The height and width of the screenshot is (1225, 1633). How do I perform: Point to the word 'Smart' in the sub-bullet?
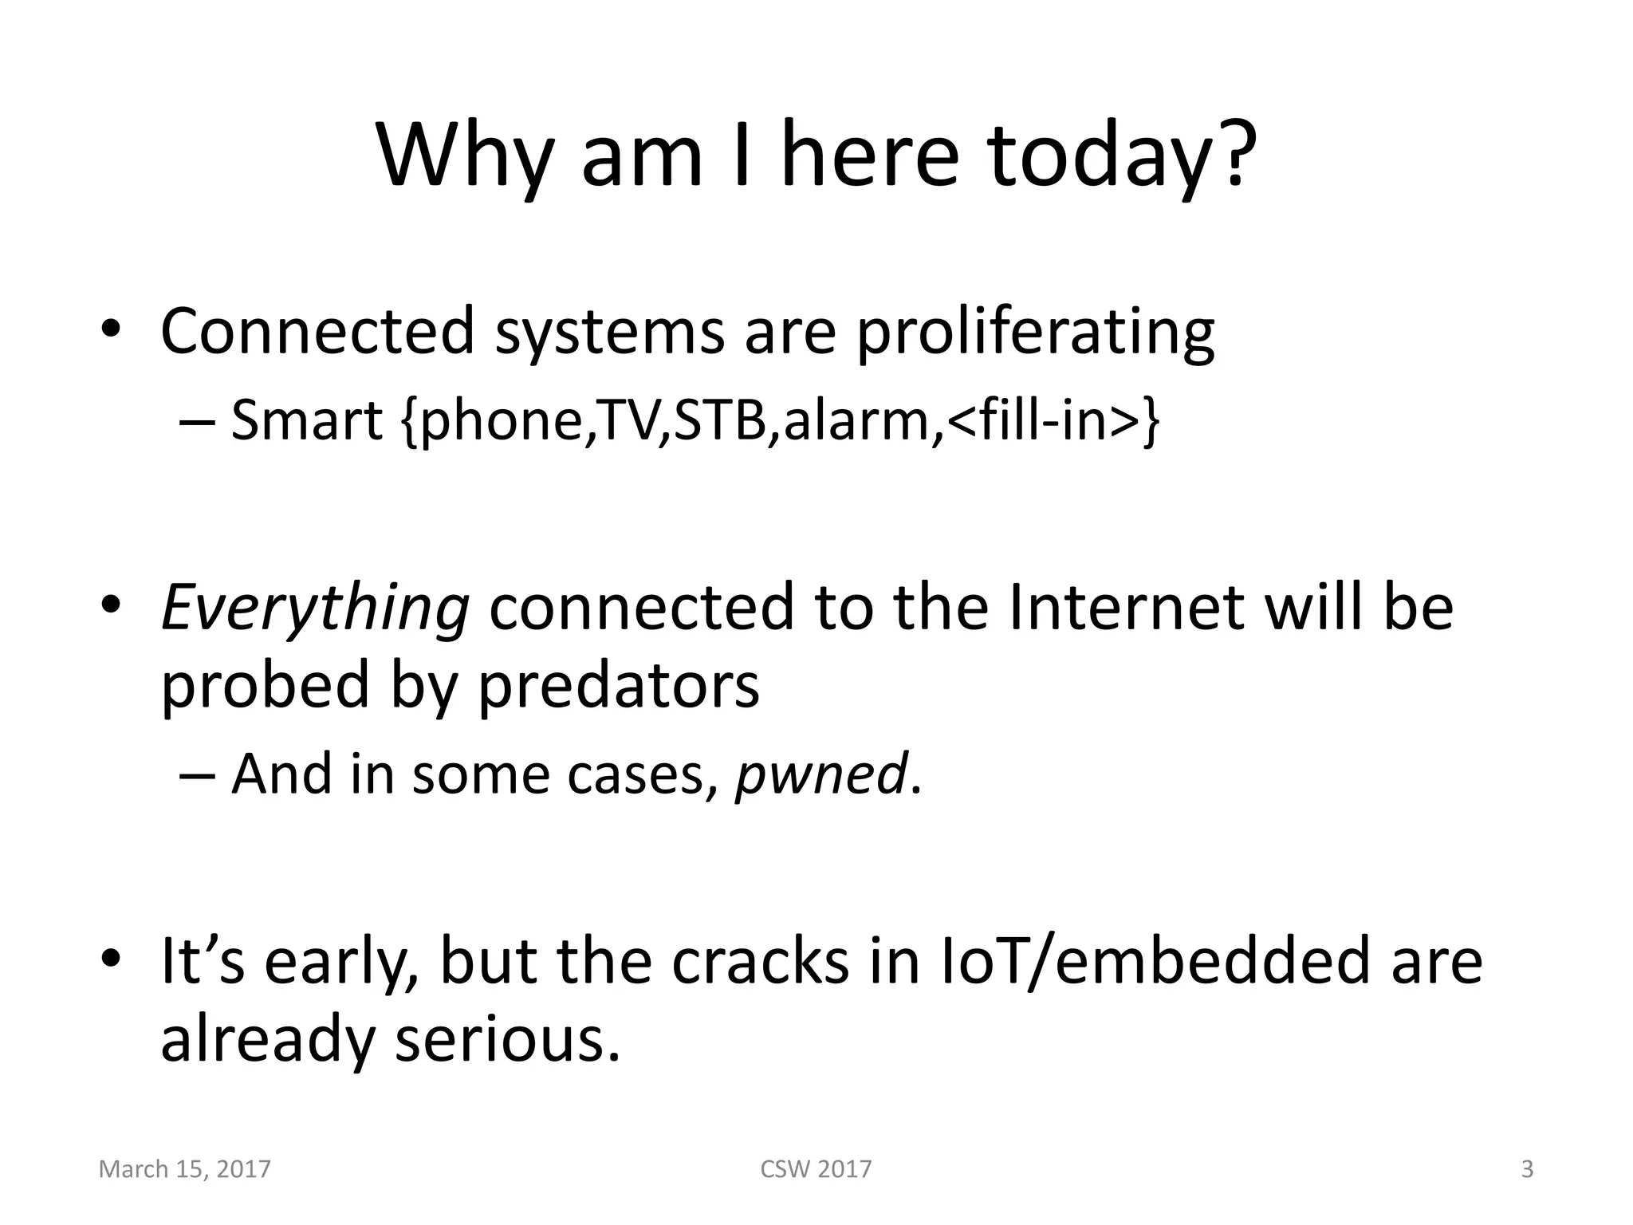point(307,420)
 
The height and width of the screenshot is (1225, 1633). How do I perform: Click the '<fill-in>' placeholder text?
point(1045,420)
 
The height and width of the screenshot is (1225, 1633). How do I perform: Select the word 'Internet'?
point(1126,607)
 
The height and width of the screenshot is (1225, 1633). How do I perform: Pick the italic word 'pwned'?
point(820,774)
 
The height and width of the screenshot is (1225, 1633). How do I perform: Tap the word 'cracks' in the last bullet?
point(760,960)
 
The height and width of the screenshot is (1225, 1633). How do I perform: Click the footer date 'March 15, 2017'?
point(184,1169)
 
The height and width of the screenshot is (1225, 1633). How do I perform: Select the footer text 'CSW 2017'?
point(816,1169)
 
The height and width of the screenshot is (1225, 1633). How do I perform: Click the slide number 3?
point(1527,1169)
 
